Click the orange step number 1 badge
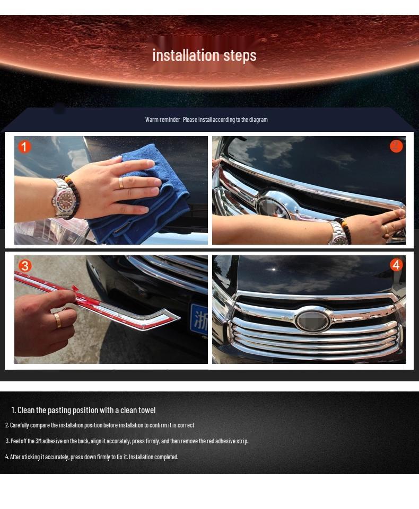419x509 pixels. pos(24,147)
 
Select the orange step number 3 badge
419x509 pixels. pos(25,266)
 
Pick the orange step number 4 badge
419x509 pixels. pos(396,265)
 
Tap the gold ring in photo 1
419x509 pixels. pos(121,183)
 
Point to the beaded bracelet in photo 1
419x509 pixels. pos(72,196)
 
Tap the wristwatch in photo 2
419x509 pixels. pos(337,233)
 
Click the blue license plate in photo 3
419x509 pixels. pos(198,319)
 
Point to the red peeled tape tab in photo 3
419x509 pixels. pos(76,289)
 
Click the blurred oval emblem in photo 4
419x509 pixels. pos(312,321)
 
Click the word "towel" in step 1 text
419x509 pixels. pos(147,410)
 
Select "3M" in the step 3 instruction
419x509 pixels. pos(38,441)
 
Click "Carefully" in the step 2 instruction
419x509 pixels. pos(20,425)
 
